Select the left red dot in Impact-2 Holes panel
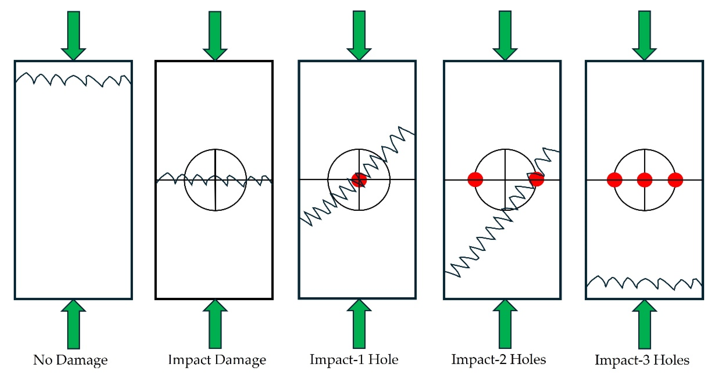point(475,180)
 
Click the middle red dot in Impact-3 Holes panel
point(645,180)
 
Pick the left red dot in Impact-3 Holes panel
point(615,180)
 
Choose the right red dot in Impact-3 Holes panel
point(675,180)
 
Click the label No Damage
point(70,360)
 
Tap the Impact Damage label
point(217,360)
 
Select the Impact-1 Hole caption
point(354,360)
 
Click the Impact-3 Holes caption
point(642,360)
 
